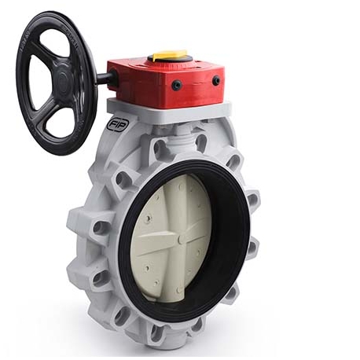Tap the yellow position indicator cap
[169, 56]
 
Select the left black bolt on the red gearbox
[177, 84]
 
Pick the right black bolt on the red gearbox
[216, 80]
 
